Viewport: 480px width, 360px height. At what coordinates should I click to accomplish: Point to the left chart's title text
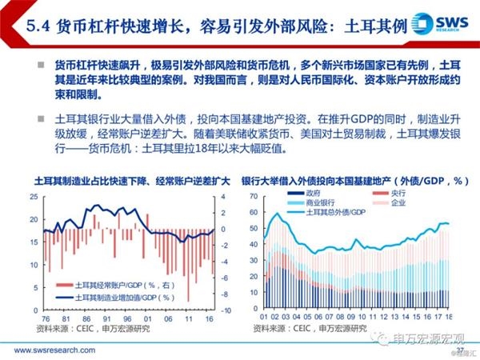[120, 181]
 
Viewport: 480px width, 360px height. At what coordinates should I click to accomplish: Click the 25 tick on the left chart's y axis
[34, 197]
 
